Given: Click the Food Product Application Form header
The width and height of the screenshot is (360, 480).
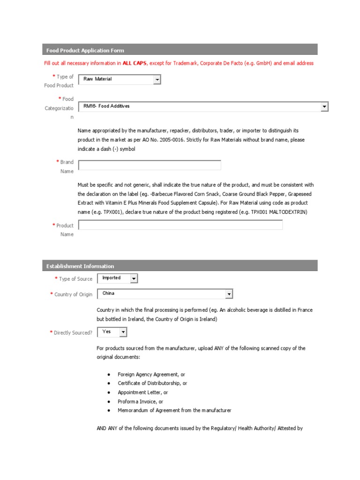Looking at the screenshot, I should point(85,50).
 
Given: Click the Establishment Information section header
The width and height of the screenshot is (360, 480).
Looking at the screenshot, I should point(80,266).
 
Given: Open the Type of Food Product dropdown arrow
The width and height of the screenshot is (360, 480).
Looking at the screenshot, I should point(157,80).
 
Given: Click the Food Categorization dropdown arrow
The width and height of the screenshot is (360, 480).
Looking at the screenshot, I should point(324,107).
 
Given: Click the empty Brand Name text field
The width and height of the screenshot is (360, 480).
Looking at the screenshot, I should point(150,165).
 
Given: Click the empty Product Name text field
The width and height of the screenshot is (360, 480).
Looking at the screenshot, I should point(180,225).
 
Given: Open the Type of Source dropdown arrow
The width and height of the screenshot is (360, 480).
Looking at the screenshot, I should point(134,279).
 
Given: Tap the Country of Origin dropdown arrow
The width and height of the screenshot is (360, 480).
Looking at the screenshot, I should point(229,294).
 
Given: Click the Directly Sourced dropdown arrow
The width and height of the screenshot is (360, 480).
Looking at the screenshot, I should point(122,332).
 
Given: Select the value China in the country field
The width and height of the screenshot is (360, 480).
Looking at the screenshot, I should point(108,293).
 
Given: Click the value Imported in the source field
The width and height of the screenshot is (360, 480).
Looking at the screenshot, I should point(112,278).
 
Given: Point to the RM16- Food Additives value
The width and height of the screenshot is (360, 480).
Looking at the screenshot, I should point(106,106).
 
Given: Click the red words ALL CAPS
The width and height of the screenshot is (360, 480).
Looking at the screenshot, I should point(134,63).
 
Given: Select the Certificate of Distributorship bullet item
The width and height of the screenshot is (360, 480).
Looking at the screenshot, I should point(152,383).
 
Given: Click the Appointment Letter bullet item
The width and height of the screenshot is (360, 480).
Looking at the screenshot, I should point(142,392).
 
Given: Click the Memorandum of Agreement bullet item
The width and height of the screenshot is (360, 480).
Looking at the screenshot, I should point(174,411).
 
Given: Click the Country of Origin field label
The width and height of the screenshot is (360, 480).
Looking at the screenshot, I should point(73,294).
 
